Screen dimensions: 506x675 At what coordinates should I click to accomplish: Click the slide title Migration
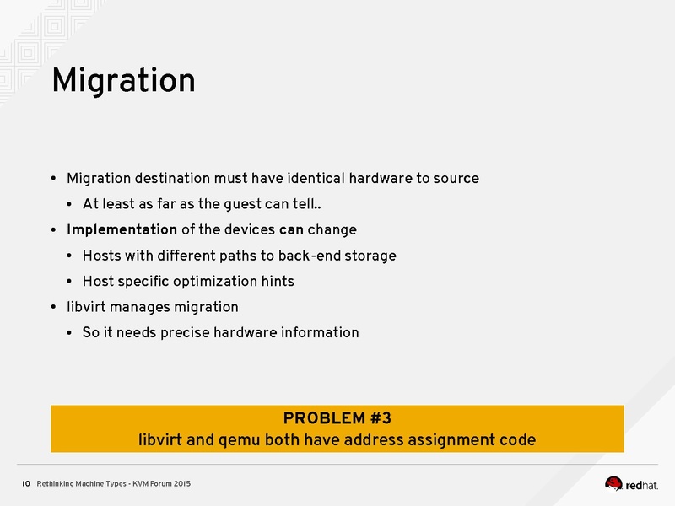click(123, 81)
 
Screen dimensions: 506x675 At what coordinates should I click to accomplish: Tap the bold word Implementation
click(121, 229)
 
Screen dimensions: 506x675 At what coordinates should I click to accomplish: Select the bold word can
click(291, 229)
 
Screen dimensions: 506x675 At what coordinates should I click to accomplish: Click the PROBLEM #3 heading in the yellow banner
click(337, 418)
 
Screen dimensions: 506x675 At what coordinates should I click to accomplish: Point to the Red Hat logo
click(637, 483)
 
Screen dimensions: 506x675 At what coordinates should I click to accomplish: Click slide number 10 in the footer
click(25, 484)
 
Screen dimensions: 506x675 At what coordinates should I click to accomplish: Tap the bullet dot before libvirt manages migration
click(53, 307)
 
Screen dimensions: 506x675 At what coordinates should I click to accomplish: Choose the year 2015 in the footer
click(182, 484)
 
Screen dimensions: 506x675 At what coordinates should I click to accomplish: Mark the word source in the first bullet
click(456, 179)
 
